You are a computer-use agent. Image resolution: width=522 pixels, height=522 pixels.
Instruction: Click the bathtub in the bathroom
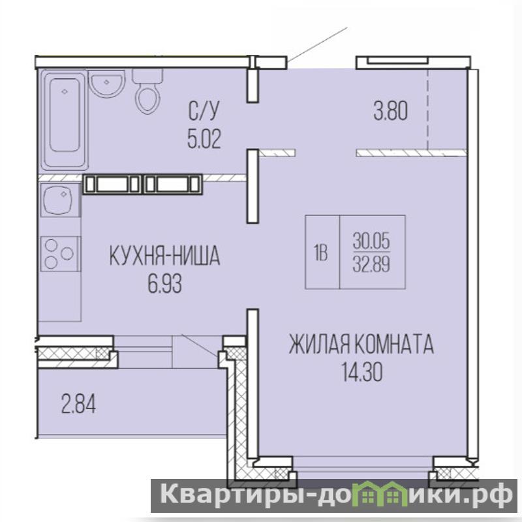pos(65,120)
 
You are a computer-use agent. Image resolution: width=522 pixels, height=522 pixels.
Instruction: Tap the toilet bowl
pos(148,91)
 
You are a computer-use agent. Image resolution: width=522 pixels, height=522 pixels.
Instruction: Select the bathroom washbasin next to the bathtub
pos(107,84)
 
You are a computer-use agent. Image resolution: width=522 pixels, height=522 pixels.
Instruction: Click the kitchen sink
pos(60,200)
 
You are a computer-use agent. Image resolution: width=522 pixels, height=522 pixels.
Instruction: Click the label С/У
pos(204,111)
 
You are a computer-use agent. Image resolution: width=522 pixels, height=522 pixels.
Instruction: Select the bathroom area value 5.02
pos(204,139)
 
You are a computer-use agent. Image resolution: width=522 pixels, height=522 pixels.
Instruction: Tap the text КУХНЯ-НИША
pos(165,256)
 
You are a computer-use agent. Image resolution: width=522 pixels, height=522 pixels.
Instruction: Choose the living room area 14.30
pos(361,372)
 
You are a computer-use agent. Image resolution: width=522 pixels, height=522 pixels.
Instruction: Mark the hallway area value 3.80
pos(390,111)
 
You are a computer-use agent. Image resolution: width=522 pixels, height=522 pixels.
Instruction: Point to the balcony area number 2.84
pos(78,405)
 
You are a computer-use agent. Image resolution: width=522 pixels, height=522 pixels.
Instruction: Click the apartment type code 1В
pos(320,253)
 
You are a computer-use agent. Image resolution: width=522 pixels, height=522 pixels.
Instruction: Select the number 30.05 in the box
pos(371,241)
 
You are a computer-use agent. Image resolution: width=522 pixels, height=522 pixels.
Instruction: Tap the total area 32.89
pos(371,266)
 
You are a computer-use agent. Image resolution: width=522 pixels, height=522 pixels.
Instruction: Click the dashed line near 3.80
pos(428,109)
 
